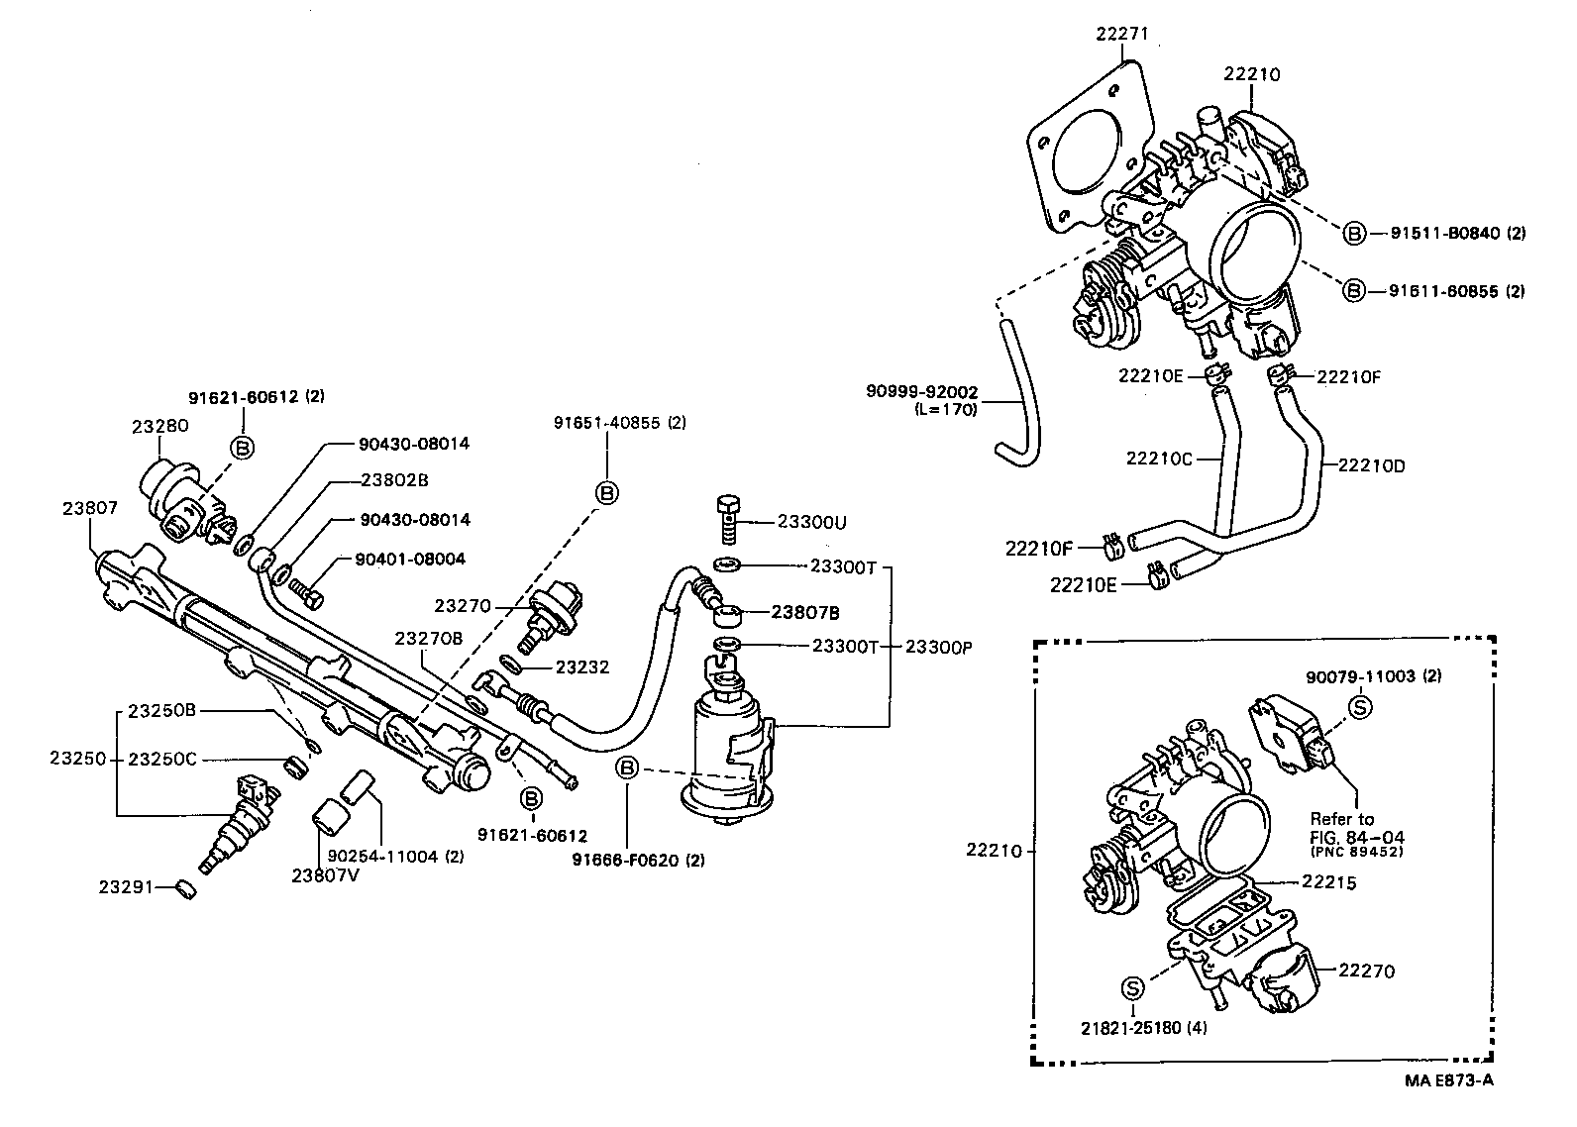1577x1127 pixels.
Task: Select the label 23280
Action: pos(159,426)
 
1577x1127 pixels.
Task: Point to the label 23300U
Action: pos(811,522)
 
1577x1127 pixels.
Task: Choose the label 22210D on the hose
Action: pos(1371,464)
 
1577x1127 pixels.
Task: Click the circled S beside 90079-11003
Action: pos(1360,706)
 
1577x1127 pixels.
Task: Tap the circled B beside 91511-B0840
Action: pos(1354,234)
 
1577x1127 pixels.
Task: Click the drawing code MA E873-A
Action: pos(1447,1080)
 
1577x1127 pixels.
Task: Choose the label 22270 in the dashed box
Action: pos(1366,972)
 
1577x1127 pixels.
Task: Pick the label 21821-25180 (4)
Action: pos(1144,1027)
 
